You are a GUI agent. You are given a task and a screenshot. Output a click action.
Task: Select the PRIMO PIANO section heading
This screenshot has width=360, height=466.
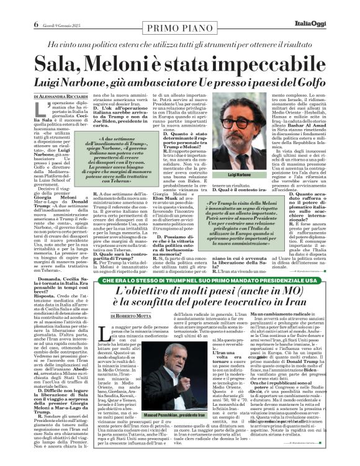[x=180, y=9]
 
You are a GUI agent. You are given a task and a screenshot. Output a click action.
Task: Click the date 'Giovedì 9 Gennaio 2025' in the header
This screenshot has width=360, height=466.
[x=41, y=8]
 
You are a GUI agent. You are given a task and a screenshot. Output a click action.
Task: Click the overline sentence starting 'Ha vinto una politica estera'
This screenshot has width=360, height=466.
[x=179, y=27]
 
